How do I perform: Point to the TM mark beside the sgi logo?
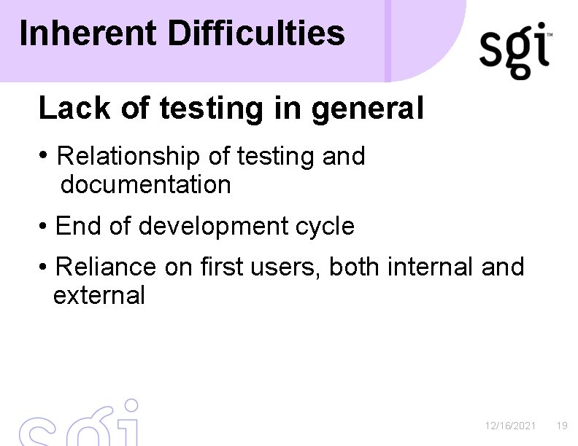point(549,35)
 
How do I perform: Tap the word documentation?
point(146,185)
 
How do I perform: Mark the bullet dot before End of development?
point(45,227)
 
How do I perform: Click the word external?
point(99,296)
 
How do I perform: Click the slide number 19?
point(562,426)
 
